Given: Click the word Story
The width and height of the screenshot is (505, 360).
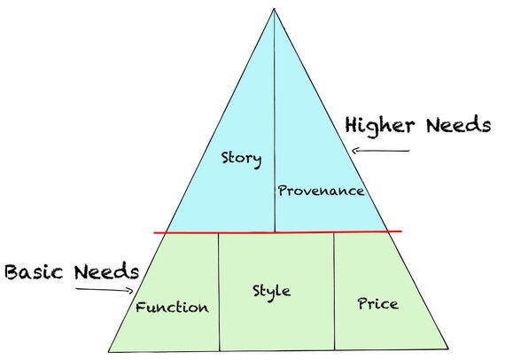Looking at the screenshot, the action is pyautogui.click(x=241, y=159).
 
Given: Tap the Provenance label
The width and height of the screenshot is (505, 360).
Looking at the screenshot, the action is pyautogui.click(x=321, y=191).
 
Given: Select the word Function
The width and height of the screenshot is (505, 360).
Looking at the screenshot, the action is pyautogui.click(x=172, y=307).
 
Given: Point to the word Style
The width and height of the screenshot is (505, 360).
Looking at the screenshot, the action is pyautogui.click(x=271, y=293).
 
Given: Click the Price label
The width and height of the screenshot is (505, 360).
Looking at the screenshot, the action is pyautogui.click(x=377, y=303).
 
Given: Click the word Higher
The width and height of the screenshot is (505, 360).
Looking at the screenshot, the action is pyautogui.click(x=380, y=126).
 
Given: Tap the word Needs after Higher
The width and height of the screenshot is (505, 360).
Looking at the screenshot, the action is pyautogui.click(x=459, y=125).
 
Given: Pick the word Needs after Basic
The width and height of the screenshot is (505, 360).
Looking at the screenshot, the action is pyautogui.click(x=106, y=271).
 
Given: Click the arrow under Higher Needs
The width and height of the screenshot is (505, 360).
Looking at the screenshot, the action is pyautogui.click(x=380, y=151).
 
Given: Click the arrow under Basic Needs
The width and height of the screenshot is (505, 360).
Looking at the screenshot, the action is pyautogui.click(x=105, y=290).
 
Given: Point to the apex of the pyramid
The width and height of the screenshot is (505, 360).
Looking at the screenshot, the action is pyautogui.click(x=274, y=9).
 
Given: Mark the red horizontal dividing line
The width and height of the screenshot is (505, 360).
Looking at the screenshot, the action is pyautogui.click(x=277, y=231).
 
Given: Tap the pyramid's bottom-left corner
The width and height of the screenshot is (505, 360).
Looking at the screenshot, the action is pyautogui.click(x=109, y=352).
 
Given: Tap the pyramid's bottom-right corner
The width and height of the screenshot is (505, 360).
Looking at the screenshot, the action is pyautogui.click(x=448, y=348).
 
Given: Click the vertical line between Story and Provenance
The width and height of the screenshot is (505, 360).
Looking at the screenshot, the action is pyautogui.click(x=275, y=121).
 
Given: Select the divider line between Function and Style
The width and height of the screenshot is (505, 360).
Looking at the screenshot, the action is pyautogui.click(x=219, y=292).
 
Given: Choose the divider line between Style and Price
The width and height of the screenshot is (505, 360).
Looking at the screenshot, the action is pyautogui.click(x=334, y=291).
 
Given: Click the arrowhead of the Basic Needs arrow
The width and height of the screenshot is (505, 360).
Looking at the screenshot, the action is pyautogui.click(x=131, y=291).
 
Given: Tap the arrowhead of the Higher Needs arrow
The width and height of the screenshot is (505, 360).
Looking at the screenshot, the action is pyautogui.click(x=354, y=151).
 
